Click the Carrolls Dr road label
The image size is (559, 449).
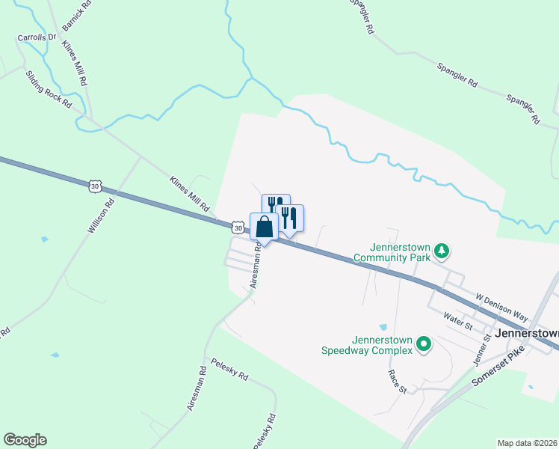pyautogui.click(x=37, y=37)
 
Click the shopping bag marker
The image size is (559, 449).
pyautogui.click(x=264, y=226)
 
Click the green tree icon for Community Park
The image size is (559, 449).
pyautogui.click(x=442, y=250)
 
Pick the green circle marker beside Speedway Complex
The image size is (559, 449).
pyautogui.click(x=424, y=344)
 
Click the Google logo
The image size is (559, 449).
pyautogui.click(x=25, y=440)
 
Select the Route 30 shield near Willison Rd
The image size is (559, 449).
pyautogui.click(x=93, y=186)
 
